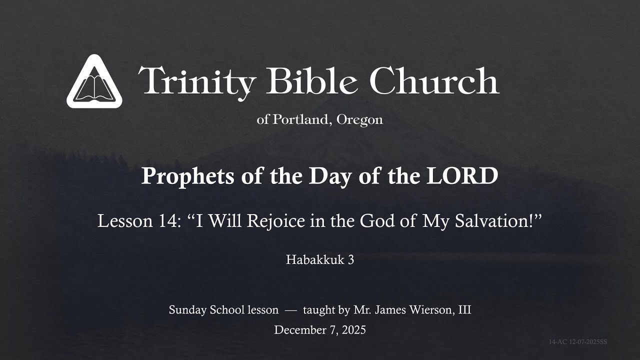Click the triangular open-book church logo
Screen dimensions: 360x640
pos(94,82)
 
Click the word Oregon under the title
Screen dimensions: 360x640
pos(360,120)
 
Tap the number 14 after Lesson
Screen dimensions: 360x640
pos(162,220)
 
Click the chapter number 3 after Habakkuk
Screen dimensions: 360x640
pos(351,259)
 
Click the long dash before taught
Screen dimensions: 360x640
pos(290,310)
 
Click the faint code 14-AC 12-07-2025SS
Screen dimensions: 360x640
pos(577,342)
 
